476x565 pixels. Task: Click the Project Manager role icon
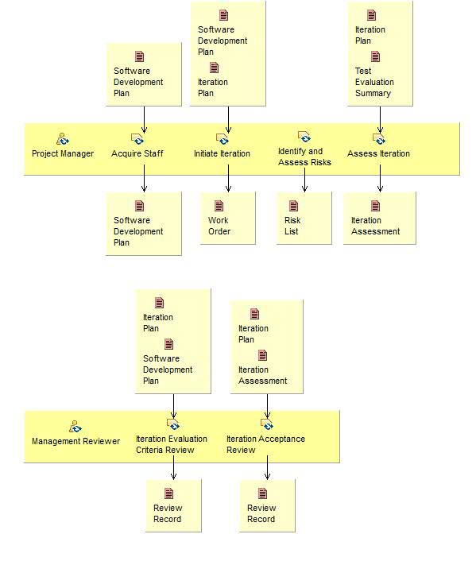click(x=63, y=139)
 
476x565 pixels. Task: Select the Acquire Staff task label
click(x=137, y=153)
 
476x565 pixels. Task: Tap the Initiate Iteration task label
click(x=222, y=153)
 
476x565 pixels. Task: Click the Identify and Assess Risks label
click(x=304, y=157)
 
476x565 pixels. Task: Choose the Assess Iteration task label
click(x=378, y=153)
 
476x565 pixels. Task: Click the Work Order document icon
click(x=219, y=207)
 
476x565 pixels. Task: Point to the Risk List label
click(x=292, y=226)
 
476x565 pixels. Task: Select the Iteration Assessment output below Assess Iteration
click(x=375, y=225)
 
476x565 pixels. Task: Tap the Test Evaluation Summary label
click(x=373, y=82)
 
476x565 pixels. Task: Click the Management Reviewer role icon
click(x=75, y=427)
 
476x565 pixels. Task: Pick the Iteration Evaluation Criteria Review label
click(x=171, y=444)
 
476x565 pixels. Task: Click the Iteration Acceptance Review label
click(x=265, y=444)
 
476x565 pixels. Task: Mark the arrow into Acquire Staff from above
click(x=144, y=119)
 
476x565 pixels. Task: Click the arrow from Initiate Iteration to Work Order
click(x=228, y=184)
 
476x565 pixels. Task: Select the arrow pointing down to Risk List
click(x=304, y=184)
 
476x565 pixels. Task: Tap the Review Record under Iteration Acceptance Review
click(x=261, y=513)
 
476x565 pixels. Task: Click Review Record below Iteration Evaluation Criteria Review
click(x=168, y=513)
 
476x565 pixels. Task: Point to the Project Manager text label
click(x=63, y=153)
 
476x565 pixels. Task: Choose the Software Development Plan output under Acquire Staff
click(x=138, y=230)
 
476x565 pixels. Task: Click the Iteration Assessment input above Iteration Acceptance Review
click(x=262, y=374)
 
